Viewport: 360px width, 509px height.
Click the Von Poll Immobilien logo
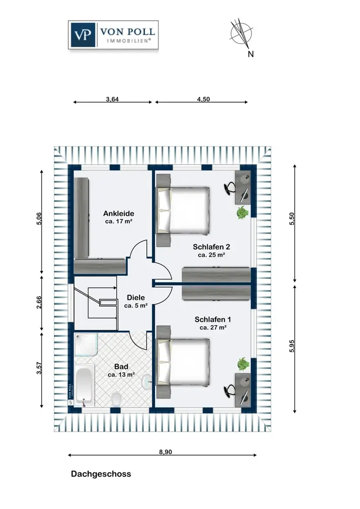(113, 35)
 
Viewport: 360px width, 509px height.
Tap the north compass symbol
(241, 35)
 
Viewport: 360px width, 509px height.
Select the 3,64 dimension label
(112, 99)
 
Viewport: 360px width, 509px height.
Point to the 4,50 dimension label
(203, 99)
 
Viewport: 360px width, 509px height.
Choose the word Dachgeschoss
(101, 474)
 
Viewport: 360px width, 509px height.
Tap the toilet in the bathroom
(117, 399)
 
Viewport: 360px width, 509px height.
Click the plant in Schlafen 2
(242, 212)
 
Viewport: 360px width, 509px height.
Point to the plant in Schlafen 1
(242, 363)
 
